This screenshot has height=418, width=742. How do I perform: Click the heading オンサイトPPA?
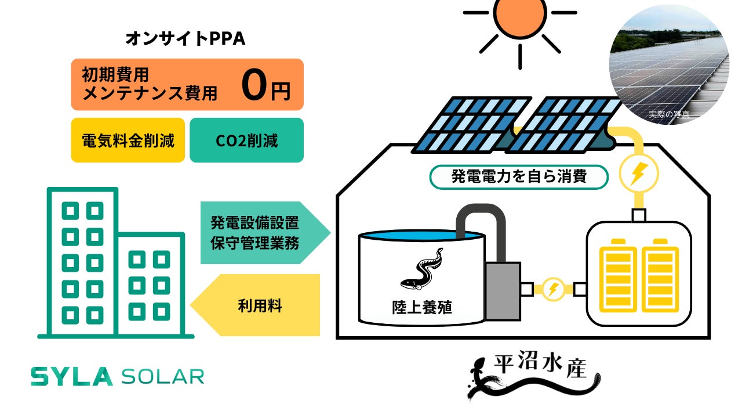(x=185, y=38)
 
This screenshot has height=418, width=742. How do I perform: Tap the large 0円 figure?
(x=264, y=85)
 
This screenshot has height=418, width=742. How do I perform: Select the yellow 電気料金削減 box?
(x=128, y=140)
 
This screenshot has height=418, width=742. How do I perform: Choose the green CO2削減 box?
(x=246, y=140)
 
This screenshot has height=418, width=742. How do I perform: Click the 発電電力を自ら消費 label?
(x=519, y=176)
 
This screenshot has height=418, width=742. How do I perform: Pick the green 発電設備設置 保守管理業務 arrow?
(x=261, y=232)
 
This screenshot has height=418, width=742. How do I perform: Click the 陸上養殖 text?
(x=421, y=307)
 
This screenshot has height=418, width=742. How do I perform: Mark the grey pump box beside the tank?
(x=503, y=290)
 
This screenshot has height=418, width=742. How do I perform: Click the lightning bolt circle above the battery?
(x=639, y=172)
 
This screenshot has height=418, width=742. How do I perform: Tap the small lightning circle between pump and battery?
(x=553, y=289)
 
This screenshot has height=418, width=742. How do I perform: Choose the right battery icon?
(x=660, y=273)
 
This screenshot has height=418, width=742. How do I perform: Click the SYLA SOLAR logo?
(x=118, y=377)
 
